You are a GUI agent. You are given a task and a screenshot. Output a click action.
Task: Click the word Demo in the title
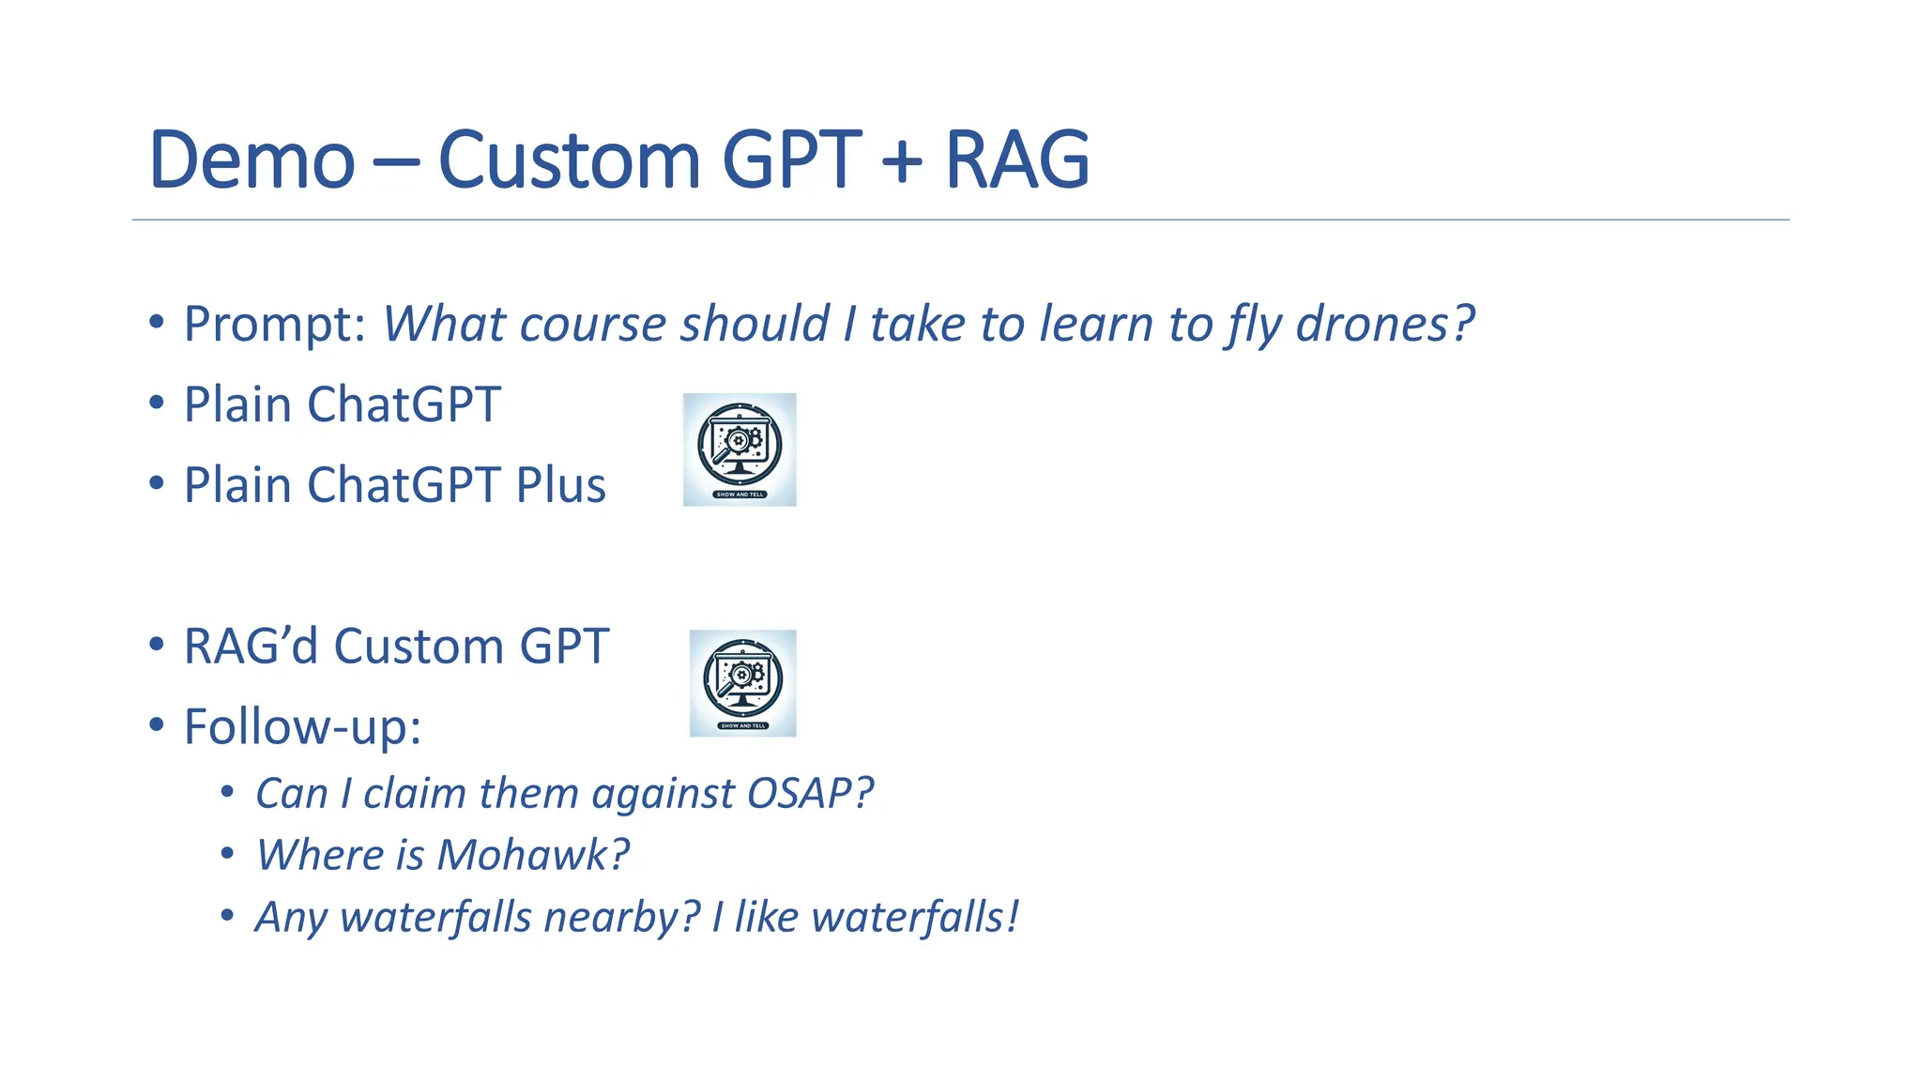252,160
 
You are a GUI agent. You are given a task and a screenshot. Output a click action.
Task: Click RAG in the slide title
1016,160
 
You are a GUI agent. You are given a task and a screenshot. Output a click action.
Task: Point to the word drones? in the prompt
1384,325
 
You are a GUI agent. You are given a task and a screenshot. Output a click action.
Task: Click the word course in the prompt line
592,325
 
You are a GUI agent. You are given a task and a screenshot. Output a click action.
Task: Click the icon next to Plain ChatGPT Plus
740,449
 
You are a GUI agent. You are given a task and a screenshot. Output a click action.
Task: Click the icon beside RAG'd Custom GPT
742,683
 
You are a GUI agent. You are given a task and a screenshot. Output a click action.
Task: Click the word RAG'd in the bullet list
251,647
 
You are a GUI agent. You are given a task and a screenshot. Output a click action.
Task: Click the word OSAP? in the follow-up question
810,794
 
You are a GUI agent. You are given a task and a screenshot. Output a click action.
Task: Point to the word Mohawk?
532,855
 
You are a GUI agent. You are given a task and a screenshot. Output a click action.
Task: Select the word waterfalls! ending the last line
914,917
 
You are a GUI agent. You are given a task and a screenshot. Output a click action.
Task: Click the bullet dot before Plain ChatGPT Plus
157,484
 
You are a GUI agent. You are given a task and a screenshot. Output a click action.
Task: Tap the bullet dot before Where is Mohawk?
227,854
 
